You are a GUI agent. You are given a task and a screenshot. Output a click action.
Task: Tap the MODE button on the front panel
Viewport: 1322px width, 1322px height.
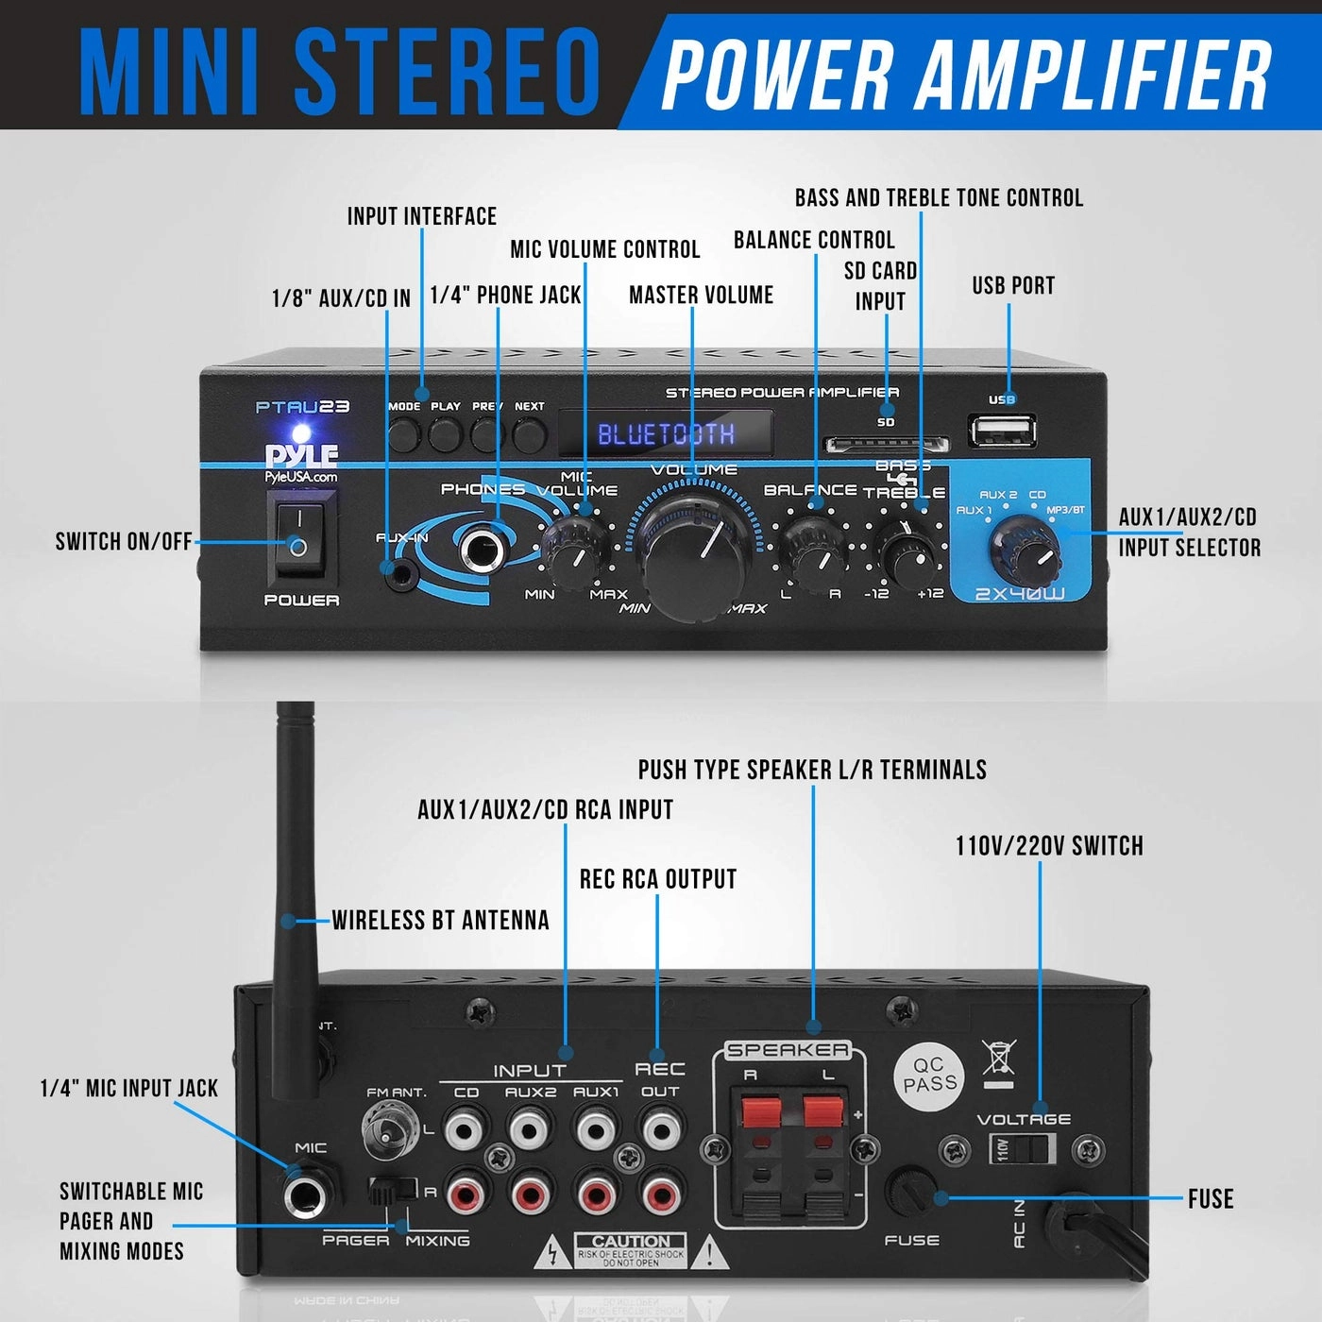(x=405, y=433)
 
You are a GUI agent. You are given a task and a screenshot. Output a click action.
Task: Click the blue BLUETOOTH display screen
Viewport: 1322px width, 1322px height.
(x=666, y=434)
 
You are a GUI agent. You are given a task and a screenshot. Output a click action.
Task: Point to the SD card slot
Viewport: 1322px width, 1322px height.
(x=887, y=443)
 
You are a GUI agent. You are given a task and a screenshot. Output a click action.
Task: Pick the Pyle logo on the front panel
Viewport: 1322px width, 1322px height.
(x=301, y=455)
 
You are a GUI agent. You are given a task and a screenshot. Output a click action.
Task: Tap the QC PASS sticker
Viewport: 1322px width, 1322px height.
(x=929, y=1075)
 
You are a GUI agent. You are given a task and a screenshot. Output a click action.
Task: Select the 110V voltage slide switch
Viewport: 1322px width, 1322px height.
(x=1022, y=1149)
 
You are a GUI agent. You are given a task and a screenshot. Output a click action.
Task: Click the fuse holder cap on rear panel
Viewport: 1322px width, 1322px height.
(x=912, y=1192)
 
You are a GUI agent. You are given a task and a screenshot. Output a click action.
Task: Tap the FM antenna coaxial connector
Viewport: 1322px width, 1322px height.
(x=387, y=1128)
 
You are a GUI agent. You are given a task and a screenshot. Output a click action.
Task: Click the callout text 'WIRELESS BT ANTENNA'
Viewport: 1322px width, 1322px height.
(x=440, y=921)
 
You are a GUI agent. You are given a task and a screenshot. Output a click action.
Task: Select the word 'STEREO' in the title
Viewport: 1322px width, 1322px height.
(x=449, y=72)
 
